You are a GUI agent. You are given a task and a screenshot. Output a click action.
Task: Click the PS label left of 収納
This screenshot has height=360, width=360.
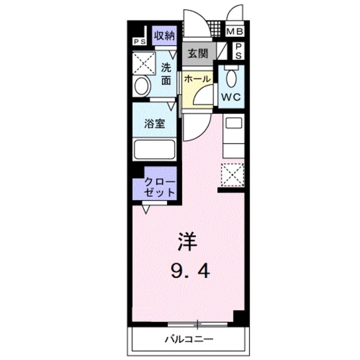139,41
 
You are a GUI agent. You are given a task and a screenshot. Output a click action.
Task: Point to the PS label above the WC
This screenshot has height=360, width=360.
239,51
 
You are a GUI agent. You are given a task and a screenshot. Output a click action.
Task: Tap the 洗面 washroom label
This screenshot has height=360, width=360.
166,74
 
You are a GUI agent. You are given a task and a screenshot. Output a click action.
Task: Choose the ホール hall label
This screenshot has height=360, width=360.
197,78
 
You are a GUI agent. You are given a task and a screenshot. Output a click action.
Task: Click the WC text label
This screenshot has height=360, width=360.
230,97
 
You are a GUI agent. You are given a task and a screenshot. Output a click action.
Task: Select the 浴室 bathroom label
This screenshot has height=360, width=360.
155,123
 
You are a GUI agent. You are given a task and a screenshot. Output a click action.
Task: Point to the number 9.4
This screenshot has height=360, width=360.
191,272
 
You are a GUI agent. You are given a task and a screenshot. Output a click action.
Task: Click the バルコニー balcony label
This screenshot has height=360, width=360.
189,339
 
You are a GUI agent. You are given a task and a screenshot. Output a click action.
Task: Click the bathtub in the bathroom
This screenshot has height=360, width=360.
154,150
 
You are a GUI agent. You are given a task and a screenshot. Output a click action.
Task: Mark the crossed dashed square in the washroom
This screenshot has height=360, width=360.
144,64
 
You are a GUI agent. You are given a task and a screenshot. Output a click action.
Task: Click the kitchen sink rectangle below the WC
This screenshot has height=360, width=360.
232,123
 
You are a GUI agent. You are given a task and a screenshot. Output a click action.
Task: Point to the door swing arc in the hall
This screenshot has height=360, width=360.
201,96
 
